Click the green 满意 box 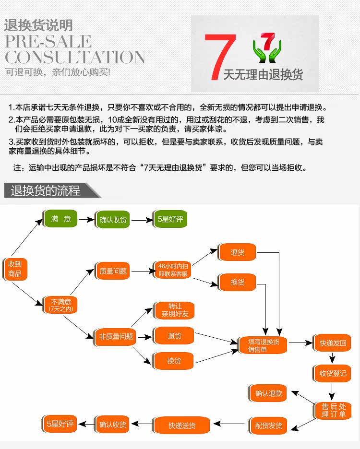(61, 219)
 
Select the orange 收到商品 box (15, 269)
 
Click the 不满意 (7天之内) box (60, 305)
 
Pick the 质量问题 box (113, 272)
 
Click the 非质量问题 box (116, 336)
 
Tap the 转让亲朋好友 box (174, 310)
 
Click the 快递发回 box (333, 343)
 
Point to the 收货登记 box (333, 373)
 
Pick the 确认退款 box (269, 393)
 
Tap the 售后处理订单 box (333, 411)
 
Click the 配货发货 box (269, 425)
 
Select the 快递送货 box (182, 425)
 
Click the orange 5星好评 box (60, 424)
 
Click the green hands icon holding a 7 (267, 49)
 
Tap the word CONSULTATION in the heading (75, 57)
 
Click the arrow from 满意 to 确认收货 (86, 220)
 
